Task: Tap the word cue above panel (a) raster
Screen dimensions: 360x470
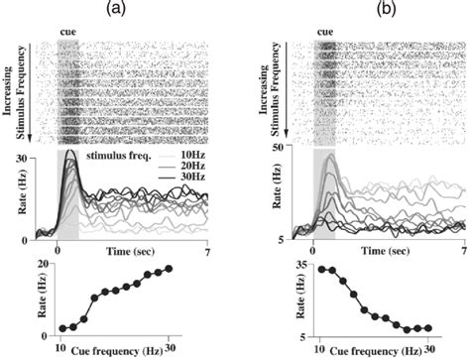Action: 67,32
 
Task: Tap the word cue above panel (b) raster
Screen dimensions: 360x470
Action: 326,32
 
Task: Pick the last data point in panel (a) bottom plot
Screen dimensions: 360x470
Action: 169,269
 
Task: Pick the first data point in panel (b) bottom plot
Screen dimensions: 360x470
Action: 322,269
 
